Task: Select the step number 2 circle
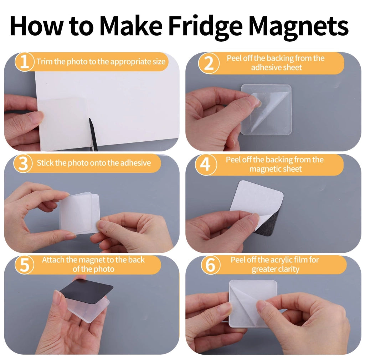209,63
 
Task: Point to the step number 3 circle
23,163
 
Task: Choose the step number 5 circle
24,265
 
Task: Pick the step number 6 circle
210,265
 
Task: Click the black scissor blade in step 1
93,134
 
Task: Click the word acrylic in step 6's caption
281,260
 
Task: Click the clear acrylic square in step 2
266,110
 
